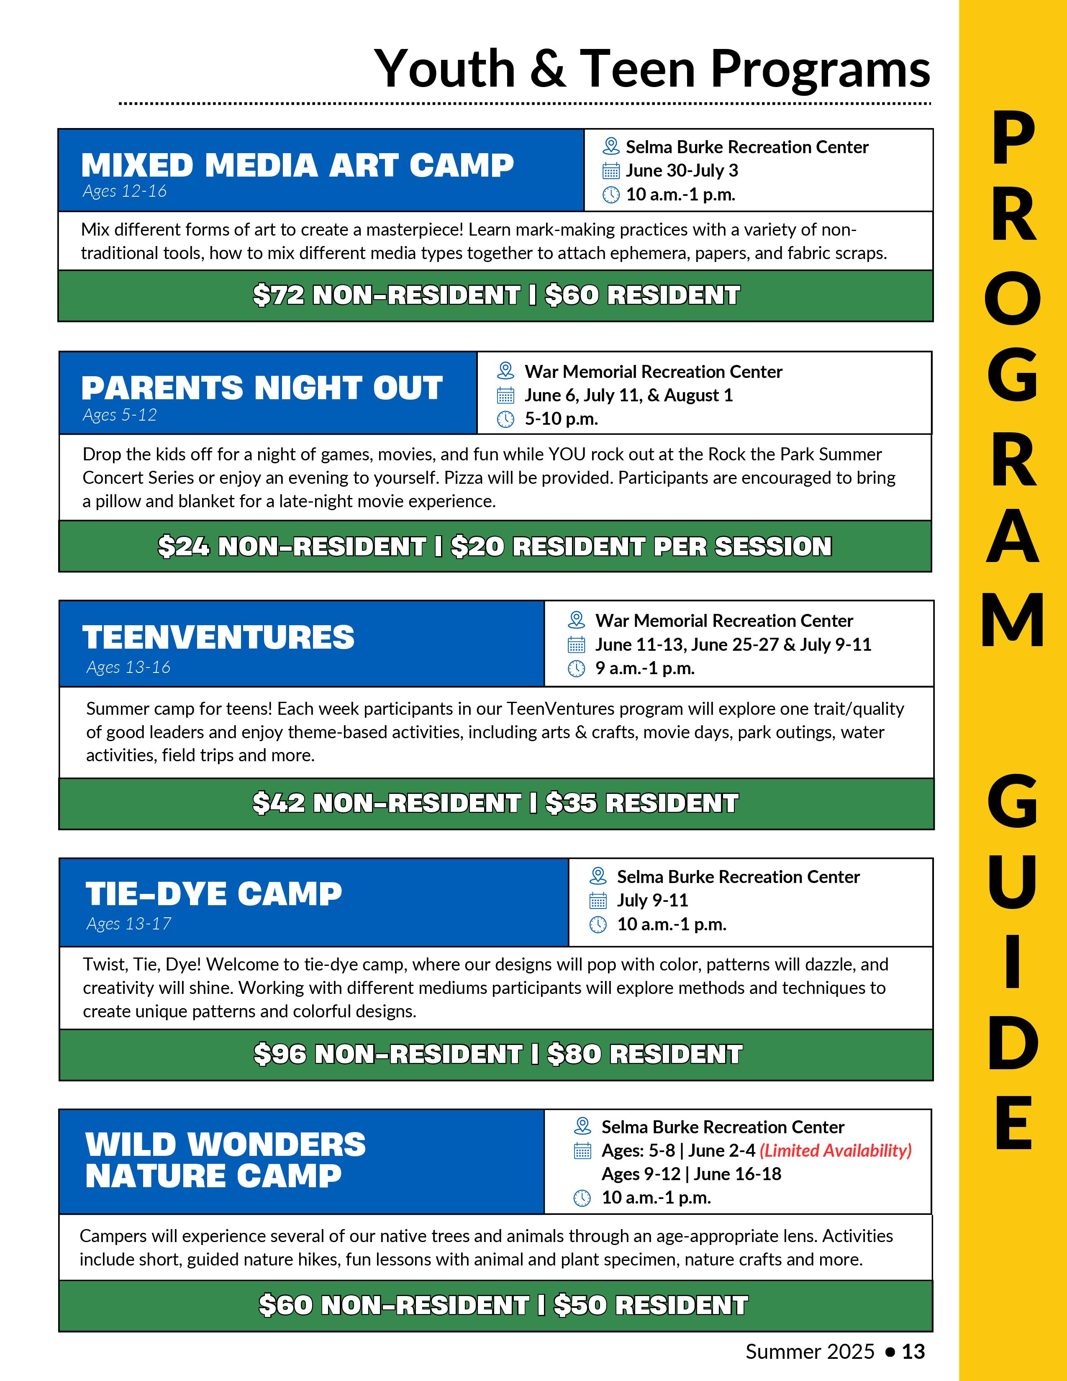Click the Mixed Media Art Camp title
click(x=297, y=166)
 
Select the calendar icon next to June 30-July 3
click(x=610, y=171)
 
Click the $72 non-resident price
click(x=386, y=295)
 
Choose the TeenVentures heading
click(x=218, y=637)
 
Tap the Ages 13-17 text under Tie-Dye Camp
click(x=129, y=924)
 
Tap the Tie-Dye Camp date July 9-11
click(x=652, y=901)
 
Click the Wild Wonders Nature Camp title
click(x=225, y=1160)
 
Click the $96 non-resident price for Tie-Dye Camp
click(x=387, y=1054)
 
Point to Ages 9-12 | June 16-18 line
click(x=691, y=1174)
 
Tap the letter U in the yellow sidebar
click(x=1012, y=881)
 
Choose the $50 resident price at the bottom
click(x=650, y=1305)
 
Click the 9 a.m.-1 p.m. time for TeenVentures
click(x=645, y=668)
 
